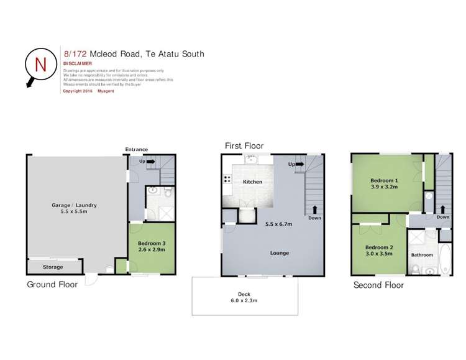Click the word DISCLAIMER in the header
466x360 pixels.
click(x=78, y=63)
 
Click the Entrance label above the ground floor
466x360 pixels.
click(x=136, y=149)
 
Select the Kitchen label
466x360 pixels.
click(x=252, y=182)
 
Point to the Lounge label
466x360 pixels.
click(x=280, y=253)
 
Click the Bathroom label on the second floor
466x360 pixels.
click(x=423, y=255)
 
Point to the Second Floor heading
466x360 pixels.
click(x=378, y=285)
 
